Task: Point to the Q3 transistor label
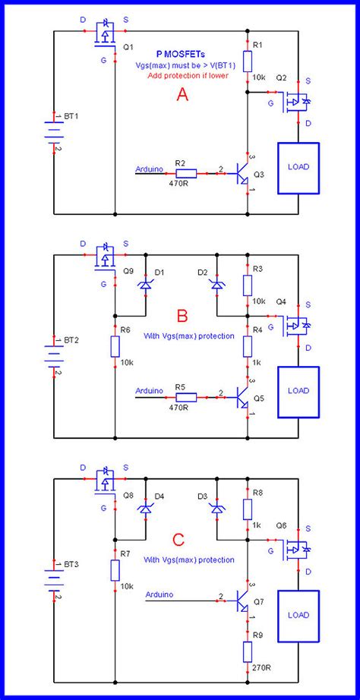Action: [x=259, y=174]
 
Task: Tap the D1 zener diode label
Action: [x=159, y=272]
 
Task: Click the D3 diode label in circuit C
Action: [x=202, y=496]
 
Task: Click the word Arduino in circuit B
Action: [x=149, y=390]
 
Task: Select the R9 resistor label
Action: [x=259, y=635]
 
